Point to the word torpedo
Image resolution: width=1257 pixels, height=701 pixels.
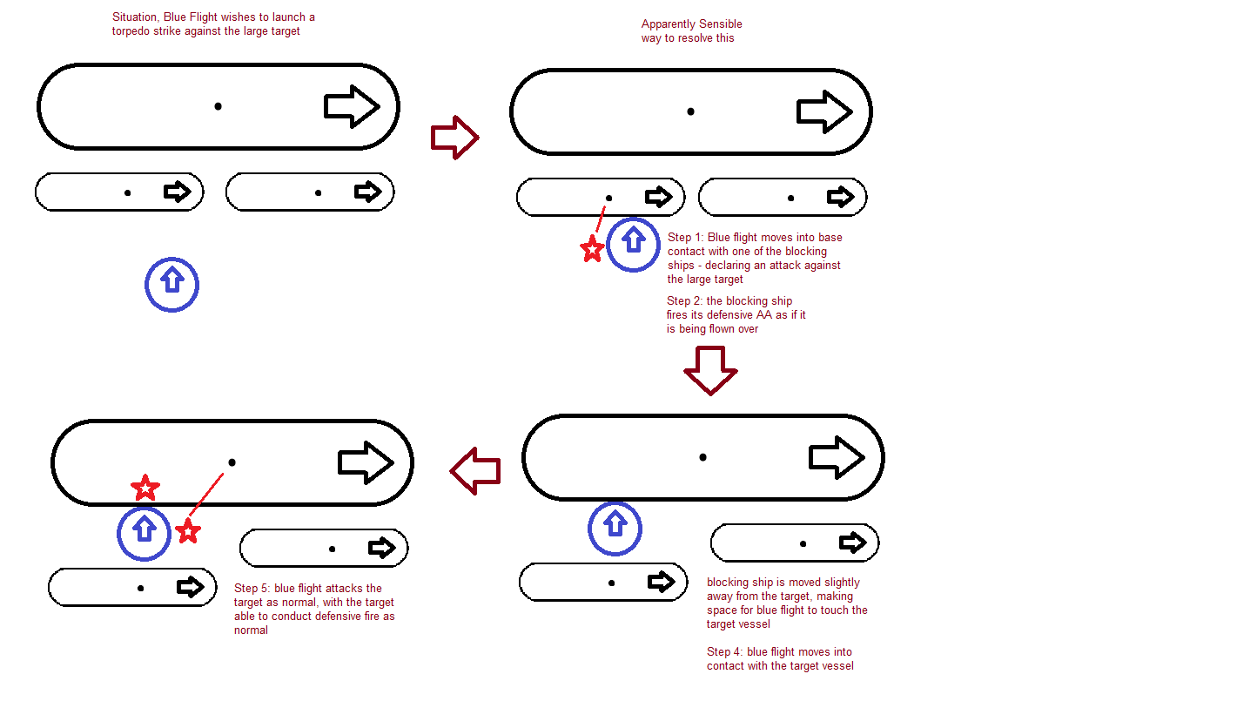133,31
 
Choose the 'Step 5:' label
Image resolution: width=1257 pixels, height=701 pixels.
252,589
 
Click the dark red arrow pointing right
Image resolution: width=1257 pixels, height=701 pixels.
454,138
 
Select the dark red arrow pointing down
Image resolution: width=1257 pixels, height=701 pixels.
710,369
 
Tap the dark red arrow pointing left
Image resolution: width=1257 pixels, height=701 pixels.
475,471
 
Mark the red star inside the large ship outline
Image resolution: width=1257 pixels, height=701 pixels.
145,488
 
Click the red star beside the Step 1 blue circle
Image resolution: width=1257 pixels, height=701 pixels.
592,250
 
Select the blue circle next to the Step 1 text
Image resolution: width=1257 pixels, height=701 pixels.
633,245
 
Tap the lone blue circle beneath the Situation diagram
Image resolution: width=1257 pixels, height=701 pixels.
171,284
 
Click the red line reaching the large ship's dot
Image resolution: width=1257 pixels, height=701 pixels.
207,497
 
